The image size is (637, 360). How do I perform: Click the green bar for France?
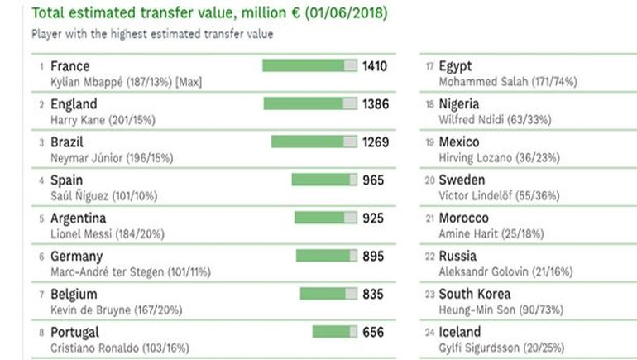309,66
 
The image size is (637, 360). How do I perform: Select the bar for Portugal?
335,332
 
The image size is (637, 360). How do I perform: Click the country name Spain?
66,180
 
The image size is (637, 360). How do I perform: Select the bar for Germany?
327,257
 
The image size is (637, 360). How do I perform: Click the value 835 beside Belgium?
373,294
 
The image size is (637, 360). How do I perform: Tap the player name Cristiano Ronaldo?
96,348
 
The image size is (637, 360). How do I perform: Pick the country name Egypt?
456,66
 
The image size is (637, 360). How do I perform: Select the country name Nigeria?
459,104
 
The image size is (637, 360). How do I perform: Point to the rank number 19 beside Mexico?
429,143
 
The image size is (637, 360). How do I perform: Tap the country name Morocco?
463,218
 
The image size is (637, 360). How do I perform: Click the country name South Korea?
475,294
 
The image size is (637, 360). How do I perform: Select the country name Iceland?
459,332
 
